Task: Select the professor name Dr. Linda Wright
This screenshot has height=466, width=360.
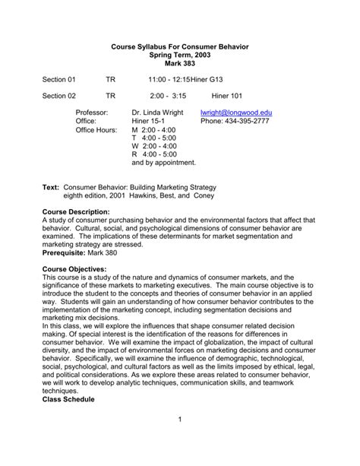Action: [159, 112]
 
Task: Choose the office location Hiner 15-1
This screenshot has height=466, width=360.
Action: [150, 120]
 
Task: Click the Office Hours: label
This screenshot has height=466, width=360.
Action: [96, 129]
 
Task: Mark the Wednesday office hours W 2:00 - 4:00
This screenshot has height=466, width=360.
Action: [154, 145]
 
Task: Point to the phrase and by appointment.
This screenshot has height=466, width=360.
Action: [163, 162]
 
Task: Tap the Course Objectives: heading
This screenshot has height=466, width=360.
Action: [74, 268]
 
